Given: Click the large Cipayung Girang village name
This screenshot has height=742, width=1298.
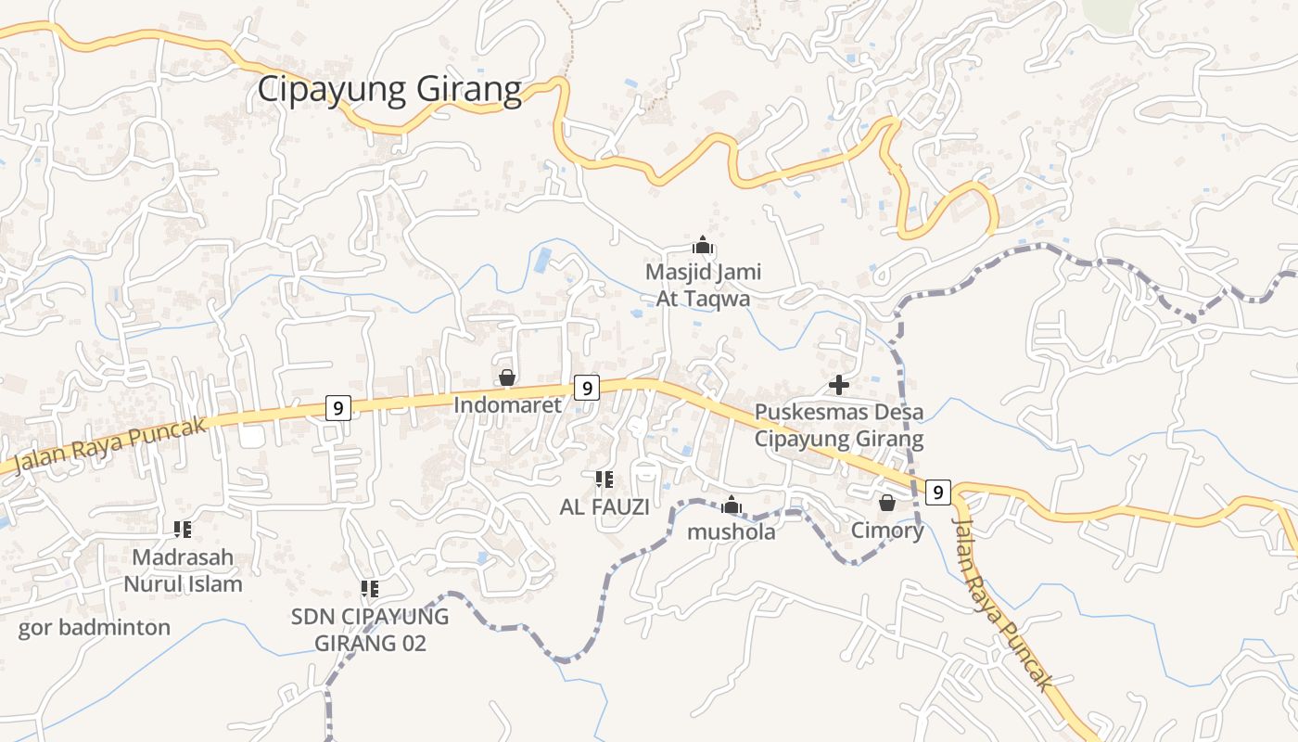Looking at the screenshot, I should coord(389,90).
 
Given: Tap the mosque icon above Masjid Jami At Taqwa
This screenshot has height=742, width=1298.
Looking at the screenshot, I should coord(703,246).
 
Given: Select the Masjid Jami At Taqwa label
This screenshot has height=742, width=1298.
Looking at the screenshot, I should coord(703,286).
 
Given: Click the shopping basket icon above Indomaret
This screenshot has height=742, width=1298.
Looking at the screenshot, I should coord(507,377).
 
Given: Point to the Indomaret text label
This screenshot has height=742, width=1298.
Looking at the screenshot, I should coord(507,405).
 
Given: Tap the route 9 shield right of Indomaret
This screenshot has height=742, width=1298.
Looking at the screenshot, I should coord(586,387).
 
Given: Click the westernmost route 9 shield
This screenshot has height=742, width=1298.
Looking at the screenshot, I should coord(338,407).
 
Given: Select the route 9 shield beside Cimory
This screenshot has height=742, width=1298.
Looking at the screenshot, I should coord(938,492).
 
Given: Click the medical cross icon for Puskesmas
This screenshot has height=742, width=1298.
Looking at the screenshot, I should coord(839,384).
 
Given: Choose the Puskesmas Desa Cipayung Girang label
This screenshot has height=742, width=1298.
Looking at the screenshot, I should coord(839,425).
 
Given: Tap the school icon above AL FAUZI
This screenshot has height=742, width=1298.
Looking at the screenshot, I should coord(604,480).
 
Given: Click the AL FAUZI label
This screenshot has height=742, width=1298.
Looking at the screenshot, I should coord(604,507).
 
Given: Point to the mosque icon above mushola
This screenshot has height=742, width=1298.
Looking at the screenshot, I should coord(732,505).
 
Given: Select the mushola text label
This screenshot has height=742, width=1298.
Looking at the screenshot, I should coord(732,532).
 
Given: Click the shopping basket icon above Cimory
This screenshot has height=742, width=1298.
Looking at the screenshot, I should coord(887,503).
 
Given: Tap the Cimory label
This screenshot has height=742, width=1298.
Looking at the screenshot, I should coord(887,531).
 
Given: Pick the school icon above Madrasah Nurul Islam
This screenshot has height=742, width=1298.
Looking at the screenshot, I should coord(183,530).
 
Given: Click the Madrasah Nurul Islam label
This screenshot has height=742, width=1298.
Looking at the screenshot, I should coord(183,570).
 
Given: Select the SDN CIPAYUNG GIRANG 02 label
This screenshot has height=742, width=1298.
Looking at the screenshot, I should coord(370,629).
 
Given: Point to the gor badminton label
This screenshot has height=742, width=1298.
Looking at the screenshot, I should coord(95,628).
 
